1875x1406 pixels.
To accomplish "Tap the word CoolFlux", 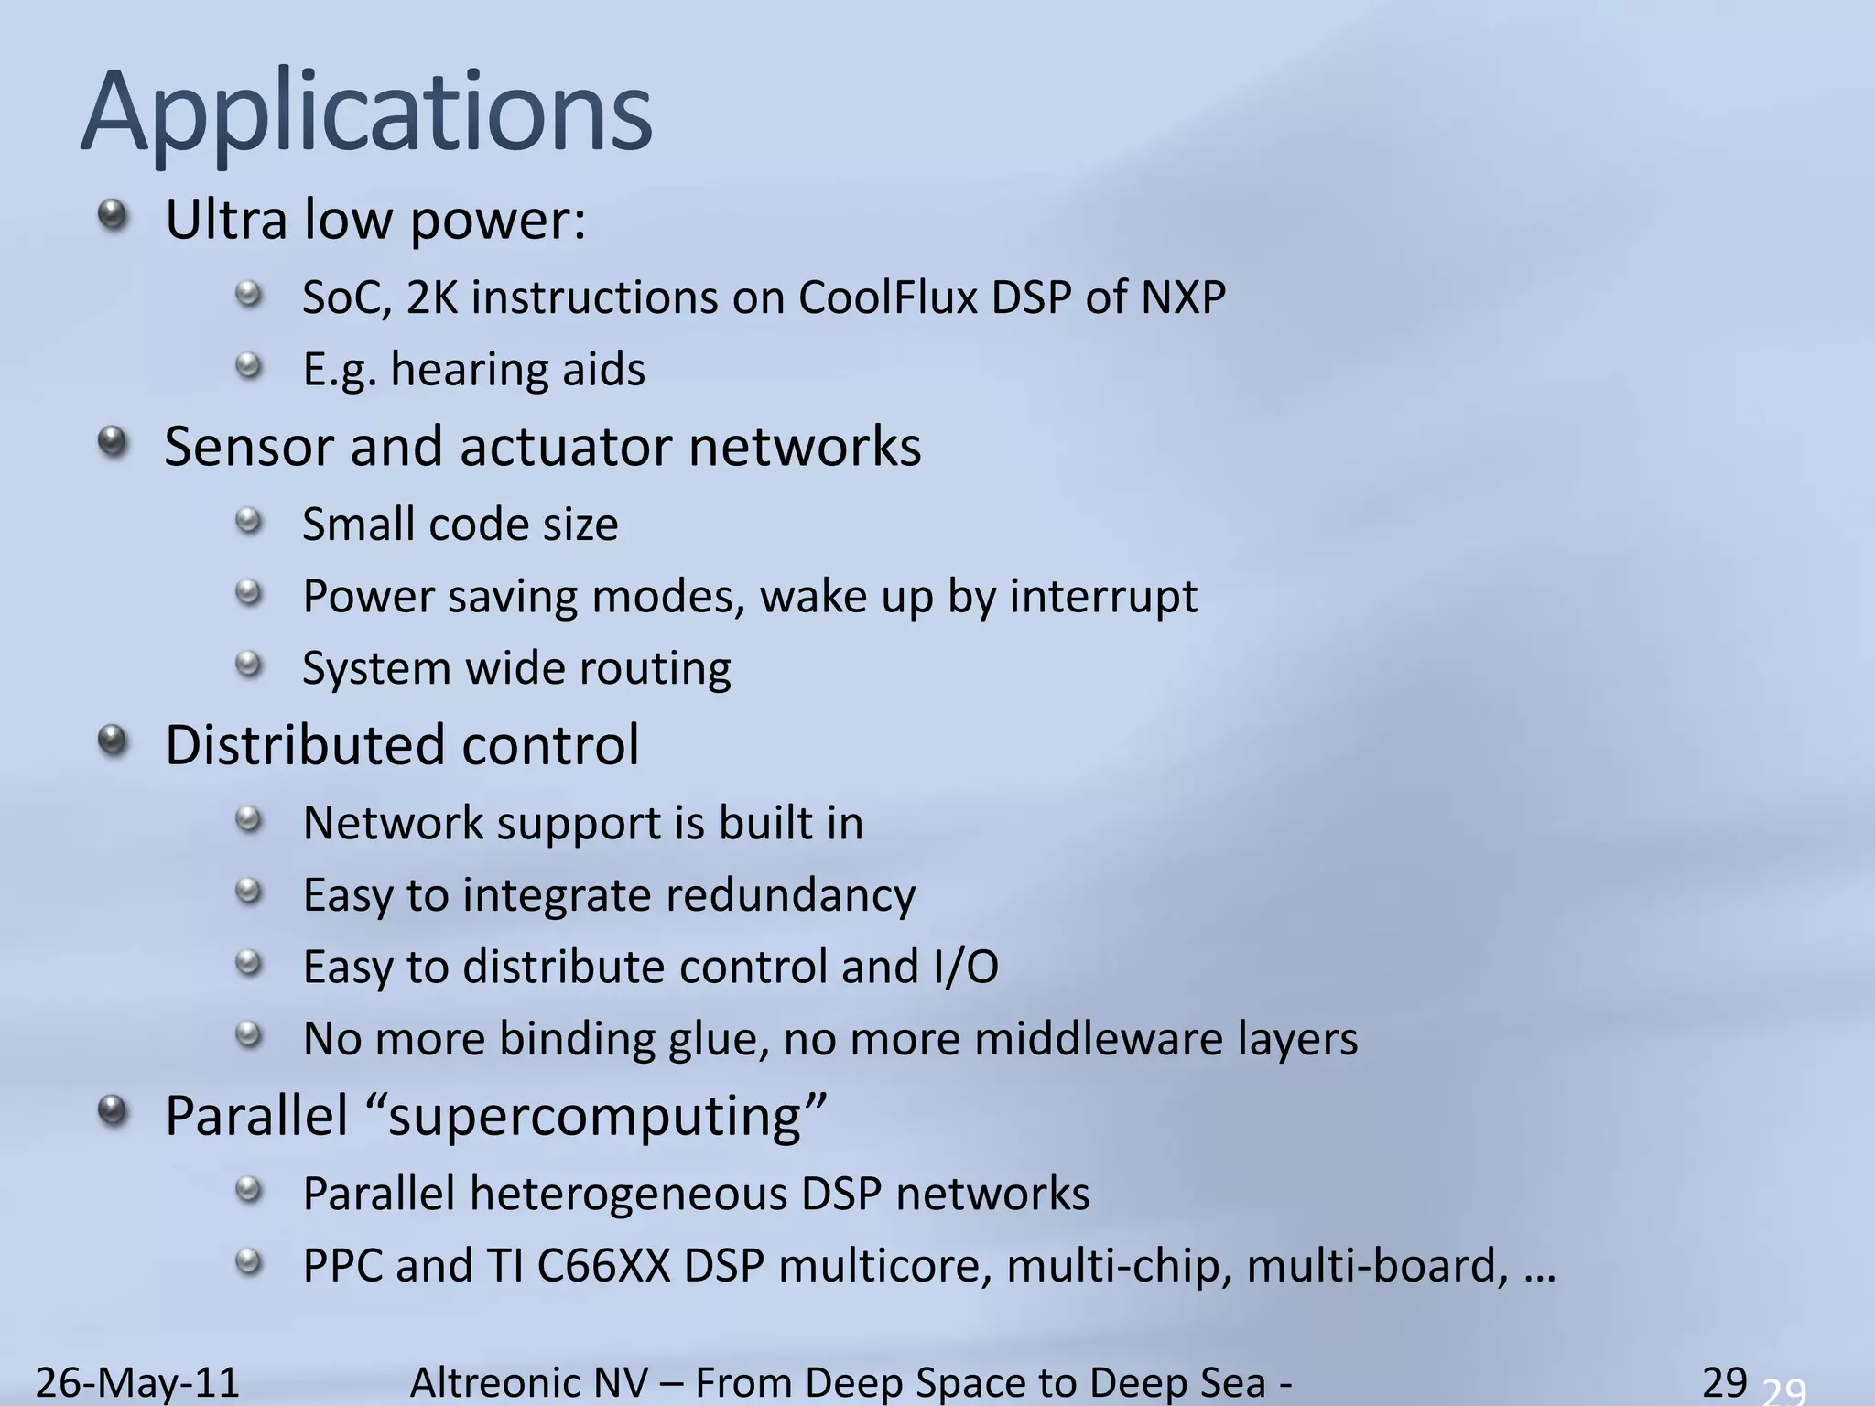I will tap(887, 297).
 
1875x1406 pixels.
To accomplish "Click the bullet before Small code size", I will tap(248, 523).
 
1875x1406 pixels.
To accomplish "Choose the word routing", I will tap(654, 669).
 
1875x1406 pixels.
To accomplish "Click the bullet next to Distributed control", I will tap(112, 741).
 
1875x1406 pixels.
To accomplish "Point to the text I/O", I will tap(966, 968).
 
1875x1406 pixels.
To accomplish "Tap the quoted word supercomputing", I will tap(595, 1118).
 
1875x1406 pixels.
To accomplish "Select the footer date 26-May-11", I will tap(137, 1382).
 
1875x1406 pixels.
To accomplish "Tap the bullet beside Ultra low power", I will tap(112, 216).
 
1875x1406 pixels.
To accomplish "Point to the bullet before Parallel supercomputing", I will tap(112, 1111).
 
